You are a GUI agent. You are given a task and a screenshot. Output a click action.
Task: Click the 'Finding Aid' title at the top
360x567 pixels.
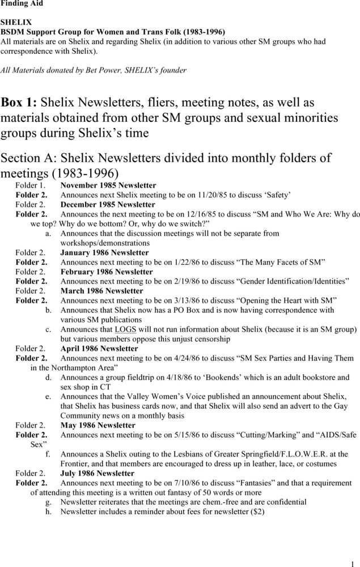(x=22, y=4)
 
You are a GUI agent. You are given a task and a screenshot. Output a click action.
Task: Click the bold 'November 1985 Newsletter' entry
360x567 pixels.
(x=108, y=185)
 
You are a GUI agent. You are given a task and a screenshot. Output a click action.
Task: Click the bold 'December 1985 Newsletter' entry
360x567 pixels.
(x=108, y=205)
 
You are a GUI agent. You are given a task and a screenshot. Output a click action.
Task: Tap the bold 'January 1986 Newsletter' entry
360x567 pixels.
(x=105, y=253)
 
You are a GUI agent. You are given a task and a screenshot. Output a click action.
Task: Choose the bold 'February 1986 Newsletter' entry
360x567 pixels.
(x=107, y=272)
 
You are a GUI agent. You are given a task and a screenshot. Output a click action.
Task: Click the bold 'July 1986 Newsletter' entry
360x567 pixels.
(x=98, y=473)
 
